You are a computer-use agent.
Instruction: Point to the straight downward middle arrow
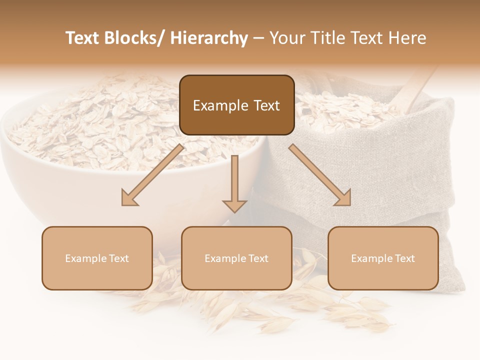(234, 182)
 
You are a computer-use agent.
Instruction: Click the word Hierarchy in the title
(209, 38)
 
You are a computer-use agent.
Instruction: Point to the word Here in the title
(409, 38)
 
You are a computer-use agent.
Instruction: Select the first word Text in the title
(82, 38)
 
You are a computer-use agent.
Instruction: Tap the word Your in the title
(286, 38)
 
